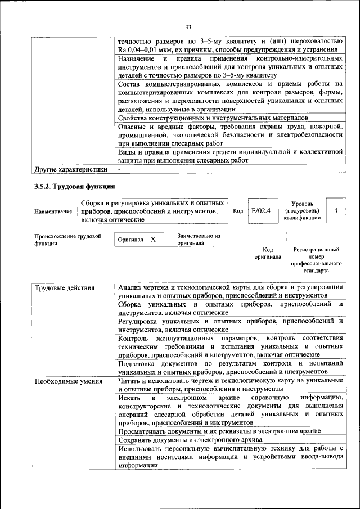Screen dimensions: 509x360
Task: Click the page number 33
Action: pyautogui.click(x=188, y=26)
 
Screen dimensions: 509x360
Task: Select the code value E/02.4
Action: pyautogui.click(x=261, y=210)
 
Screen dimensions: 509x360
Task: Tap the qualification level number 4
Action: pyautogui.click(x=336, y=210)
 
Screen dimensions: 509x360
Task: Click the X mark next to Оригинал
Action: pyautogui.click(x=153, y=240)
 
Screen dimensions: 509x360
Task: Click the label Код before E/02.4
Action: pyautogui.click(x=238, y=210)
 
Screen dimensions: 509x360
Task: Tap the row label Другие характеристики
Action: pyautogui.click(x=71, y=169)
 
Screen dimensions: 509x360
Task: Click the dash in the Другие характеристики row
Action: pyautogui.click(x=119, y=169)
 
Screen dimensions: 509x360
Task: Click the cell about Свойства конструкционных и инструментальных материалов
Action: pyautogui.click(x=213, y=118)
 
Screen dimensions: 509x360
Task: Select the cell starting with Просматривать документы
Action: pyautogui.click(x=219, y=430)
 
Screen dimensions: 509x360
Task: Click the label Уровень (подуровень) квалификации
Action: pyautogui.click(x=302, y=210)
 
